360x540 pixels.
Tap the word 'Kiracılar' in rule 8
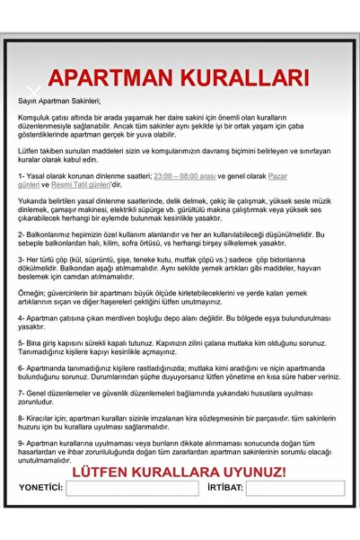pos(43,418)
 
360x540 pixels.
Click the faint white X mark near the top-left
pos(33,93)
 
